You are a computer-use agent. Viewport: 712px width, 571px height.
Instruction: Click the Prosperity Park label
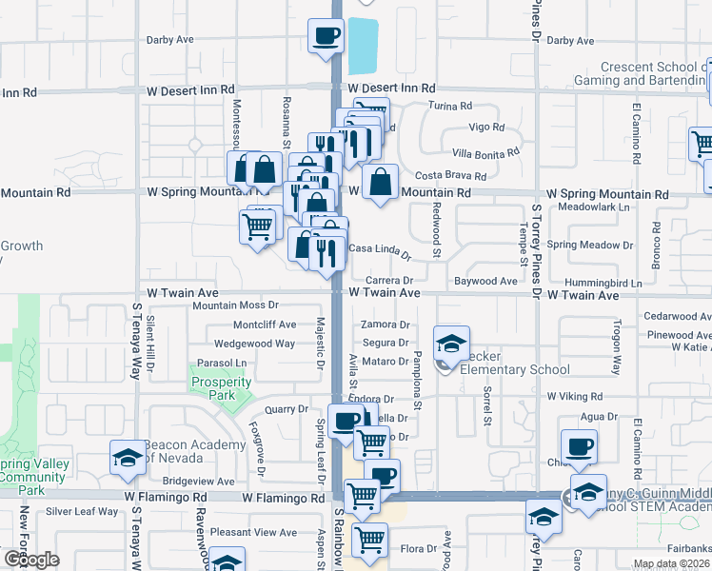(x=221, y=388)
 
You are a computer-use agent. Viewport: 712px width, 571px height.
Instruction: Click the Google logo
(x=30, y=560)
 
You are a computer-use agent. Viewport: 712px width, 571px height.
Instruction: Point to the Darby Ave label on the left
(x=169, y=40)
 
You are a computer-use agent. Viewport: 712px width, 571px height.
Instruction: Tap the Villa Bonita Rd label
(x=485, y=152)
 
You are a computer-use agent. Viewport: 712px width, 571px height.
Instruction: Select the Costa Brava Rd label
(x=451, y=176)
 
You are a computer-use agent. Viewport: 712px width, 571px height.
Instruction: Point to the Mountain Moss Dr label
(x=234, y=305)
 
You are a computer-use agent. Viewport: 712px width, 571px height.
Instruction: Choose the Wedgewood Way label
(x=254, y=344)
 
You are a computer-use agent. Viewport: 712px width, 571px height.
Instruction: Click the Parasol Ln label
(x=221, y=364)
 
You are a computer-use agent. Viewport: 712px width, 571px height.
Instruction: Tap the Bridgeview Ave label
(x=198, y=482)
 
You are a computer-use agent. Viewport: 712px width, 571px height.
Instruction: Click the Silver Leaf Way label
(x=82, y=511)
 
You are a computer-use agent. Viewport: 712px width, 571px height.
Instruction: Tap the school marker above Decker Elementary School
(x=451, y=343)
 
